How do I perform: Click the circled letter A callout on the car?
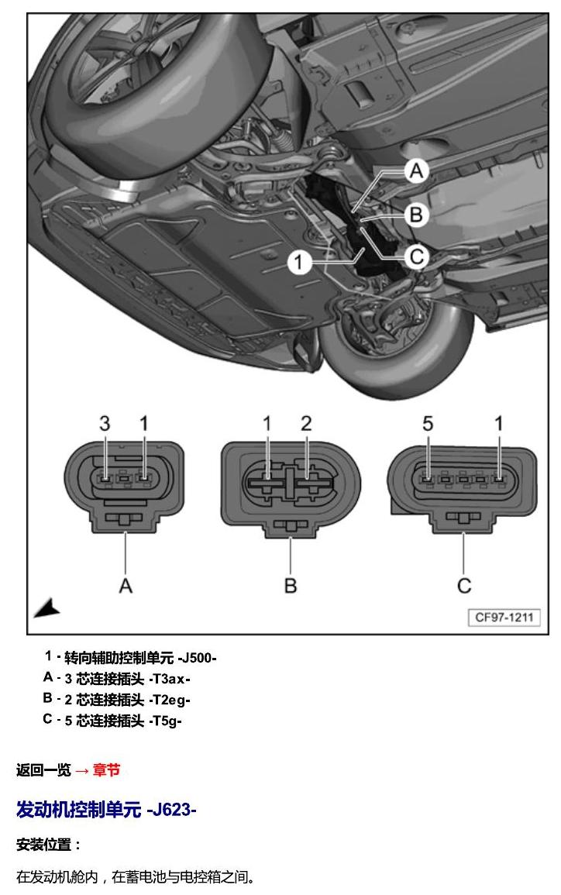point(417,170)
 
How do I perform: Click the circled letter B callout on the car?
point(417,215)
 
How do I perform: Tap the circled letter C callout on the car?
point(417,256)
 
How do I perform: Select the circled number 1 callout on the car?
point(298,263)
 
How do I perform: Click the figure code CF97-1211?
point(504,617)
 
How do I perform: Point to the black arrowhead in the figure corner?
point(47,608)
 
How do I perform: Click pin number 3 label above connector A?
point(105,424)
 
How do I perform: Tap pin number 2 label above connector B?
point(307,424)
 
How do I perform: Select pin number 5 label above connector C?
point(428,424)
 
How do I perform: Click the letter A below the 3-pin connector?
point(126,586)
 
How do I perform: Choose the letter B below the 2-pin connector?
point(291,586)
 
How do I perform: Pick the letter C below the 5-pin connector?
point(464,586)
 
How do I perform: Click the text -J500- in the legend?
point(198,658)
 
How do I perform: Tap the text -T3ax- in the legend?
point(170,680)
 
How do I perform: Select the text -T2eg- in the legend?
point(170,700)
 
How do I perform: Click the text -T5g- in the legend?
point(166,721)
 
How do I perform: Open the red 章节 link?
point(106,770)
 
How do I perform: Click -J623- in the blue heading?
point(171,810)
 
